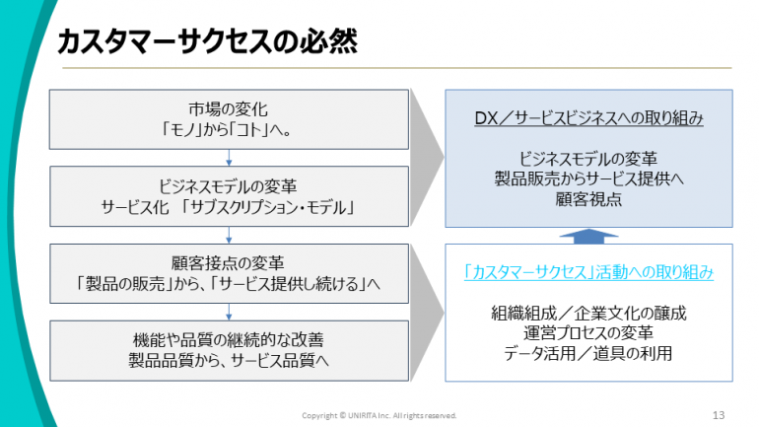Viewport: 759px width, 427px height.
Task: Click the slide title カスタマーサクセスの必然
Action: point(207,41)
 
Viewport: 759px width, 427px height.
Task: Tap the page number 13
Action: point(719,415)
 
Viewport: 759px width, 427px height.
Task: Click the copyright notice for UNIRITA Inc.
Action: point(379,415)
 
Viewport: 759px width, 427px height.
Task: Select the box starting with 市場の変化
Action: point(229,119)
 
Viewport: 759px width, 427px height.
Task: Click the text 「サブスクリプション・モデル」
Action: point(268,208)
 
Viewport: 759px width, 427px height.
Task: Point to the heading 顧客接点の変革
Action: point(228,263)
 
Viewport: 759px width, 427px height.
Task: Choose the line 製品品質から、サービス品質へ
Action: point(229,361)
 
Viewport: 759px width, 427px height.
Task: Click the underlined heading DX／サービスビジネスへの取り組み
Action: point(588,118)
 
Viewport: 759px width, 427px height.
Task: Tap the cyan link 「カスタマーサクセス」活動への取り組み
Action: point(588,272)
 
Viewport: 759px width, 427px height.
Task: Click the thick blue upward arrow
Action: point(588,236)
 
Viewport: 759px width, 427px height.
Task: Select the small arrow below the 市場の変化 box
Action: point(229,158)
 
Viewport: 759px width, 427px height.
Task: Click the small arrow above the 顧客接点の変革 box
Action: point(229,235)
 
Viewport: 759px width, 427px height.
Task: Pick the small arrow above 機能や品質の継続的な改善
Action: point(229,312)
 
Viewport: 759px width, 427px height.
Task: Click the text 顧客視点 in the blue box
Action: point(588,199)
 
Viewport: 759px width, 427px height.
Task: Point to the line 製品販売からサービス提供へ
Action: point(588,178)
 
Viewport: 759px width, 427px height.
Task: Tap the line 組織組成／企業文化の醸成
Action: point(588,314)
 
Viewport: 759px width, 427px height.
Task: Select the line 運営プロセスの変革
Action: point(588,333)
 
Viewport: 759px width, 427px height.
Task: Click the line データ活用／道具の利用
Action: point(588,353)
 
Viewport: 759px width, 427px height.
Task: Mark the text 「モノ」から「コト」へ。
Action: point(227,130)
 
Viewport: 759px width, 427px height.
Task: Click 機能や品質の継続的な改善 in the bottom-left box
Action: point(229,340)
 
